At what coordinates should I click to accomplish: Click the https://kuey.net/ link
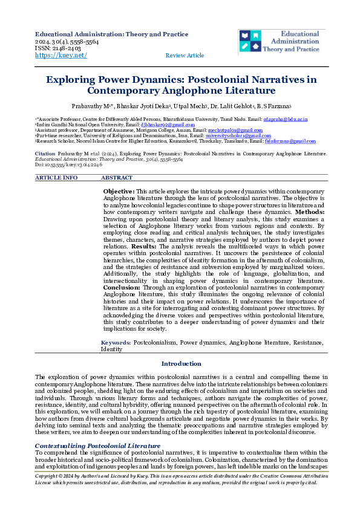click(61, 55)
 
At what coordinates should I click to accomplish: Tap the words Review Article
click(185, 56)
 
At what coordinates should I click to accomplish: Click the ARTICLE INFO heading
click(56, 178)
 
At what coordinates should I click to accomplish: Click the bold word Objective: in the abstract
click(119, 191)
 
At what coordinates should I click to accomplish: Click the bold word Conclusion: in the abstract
click(123, 288)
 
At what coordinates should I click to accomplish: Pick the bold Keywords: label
click(116, 343)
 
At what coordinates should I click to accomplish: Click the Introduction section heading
click(181, 363)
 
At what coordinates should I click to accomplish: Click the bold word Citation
click(45, 154)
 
